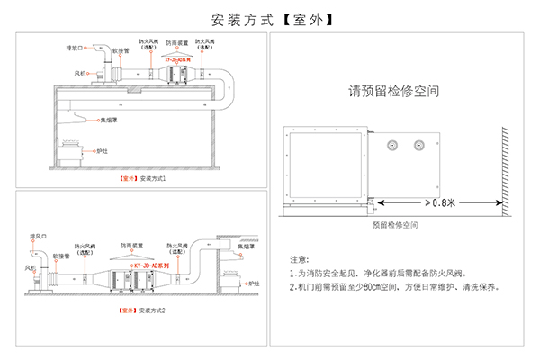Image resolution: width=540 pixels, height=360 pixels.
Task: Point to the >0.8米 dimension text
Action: click(x=442, y=202)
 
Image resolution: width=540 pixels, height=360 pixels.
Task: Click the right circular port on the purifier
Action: click(x=418, y=144)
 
